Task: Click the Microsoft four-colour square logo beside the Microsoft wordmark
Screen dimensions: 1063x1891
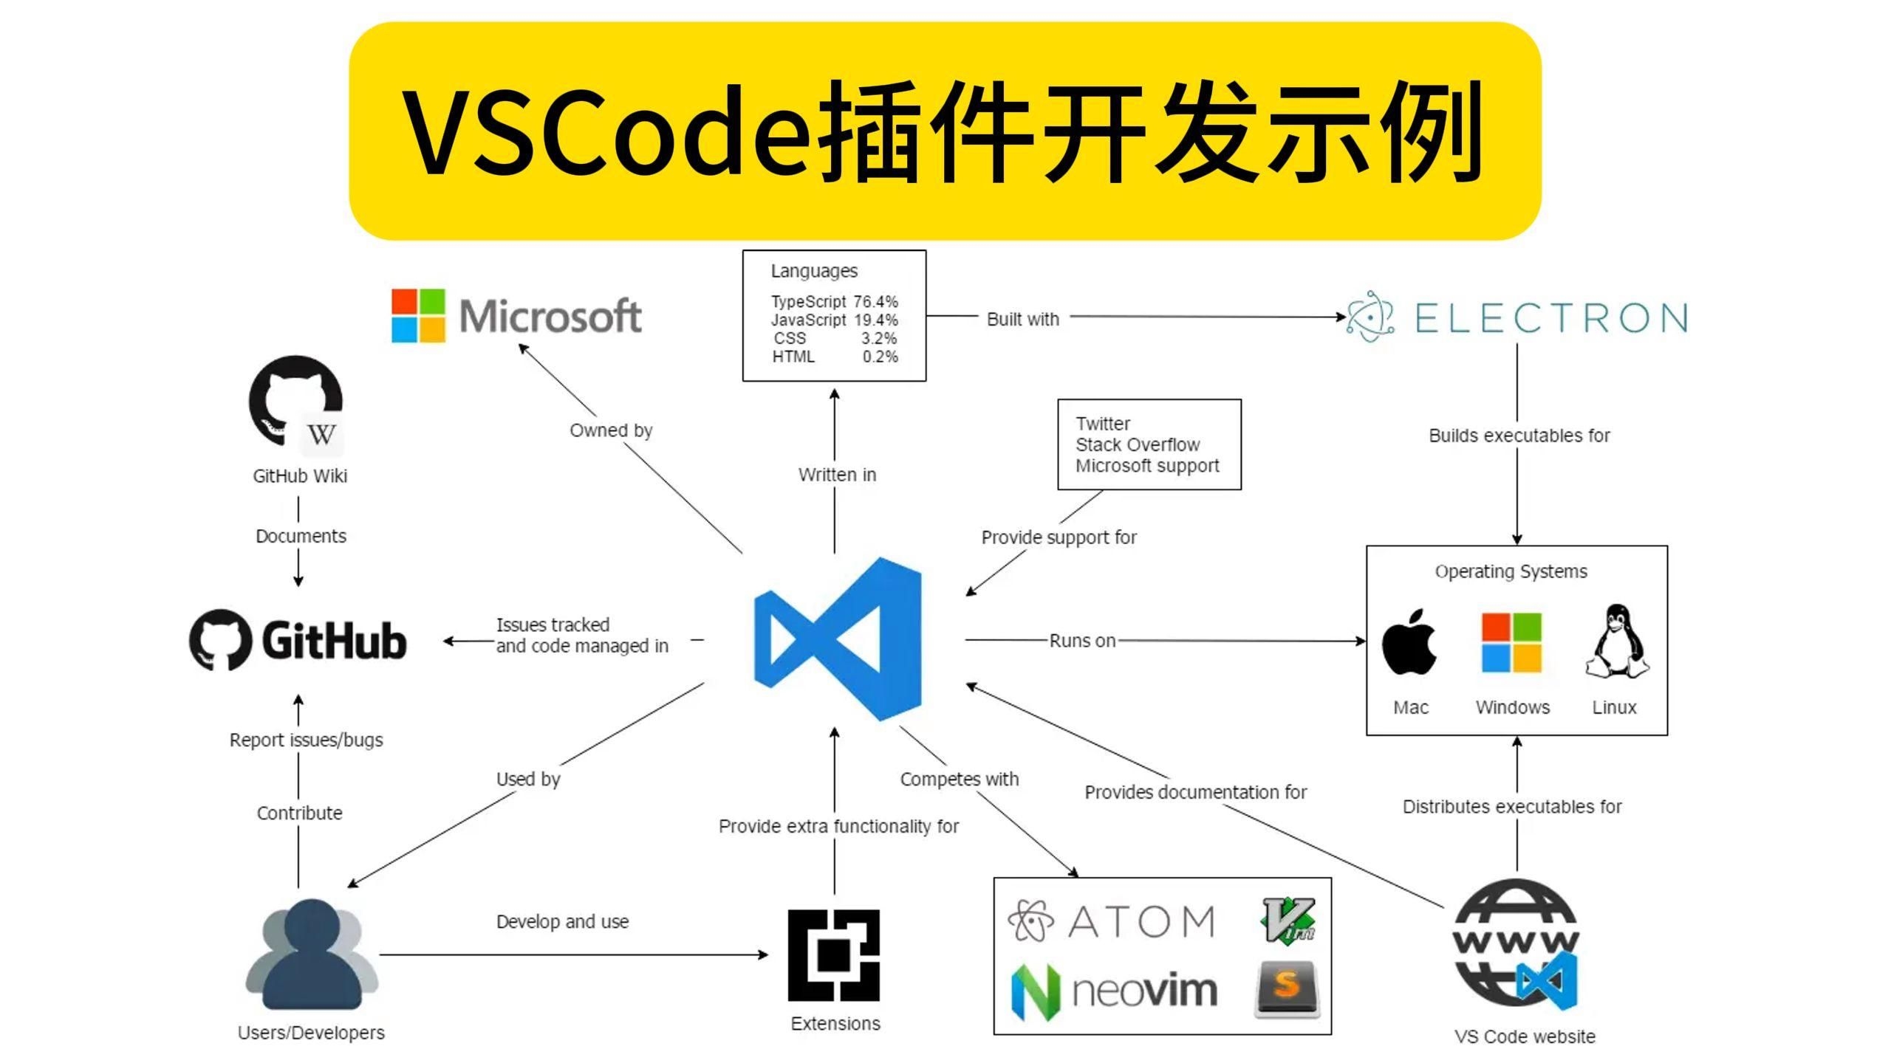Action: pos(418,315)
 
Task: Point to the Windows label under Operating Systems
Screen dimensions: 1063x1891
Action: pos(1512,707)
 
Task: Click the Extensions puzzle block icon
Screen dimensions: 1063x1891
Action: pos(834,955)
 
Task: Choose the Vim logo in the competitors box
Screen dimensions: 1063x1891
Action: pos(1288,920)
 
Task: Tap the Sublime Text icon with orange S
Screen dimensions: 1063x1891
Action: pos(1286,988)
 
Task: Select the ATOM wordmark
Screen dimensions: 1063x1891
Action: pos(1141,921)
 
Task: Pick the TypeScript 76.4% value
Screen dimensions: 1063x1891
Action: pos(876,302)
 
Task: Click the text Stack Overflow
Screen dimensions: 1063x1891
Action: pos(1138,444)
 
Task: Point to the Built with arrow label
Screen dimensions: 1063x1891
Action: pos(1023,319)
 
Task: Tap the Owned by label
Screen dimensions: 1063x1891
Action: pos(611,430)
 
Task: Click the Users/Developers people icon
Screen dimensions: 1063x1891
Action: pos(312,954)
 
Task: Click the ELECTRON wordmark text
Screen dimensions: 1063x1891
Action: pos(1550,318)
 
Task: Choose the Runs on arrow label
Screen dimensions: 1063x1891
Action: pos(1082,641)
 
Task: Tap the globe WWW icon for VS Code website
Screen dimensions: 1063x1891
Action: pos(1516,943)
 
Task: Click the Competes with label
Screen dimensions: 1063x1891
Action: pos(959,779)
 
